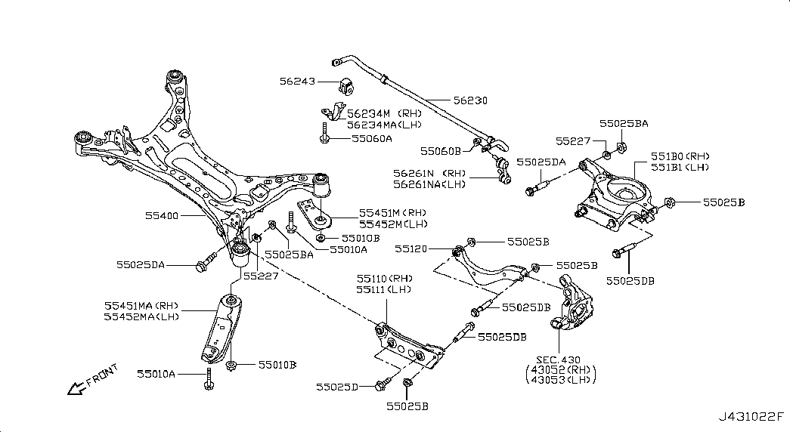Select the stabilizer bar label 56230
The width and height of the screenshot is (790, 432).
point(470,100)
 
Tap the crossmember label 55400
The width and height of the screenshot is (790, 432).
point(163,216)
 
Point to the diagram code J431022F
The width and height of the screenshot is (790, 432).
point(752,416)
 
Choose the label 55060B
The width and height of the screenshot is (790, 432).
point(439,152)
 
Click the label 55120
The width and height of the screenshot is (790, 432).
point(411,248)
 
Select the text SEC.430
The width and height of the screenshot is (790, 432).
point(559,359)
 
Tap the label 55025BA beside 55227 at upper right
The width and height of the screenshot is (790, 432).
point(624,122)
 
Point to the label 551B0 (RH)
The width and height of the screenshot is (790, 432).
point(671,156)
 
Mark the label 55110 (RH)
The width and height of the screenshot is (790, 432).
point(385,279)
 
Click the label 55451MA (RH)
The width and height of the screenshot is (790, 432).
point(141,305)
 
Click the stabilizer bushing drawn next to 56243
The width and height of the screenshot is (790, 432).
point(347,85)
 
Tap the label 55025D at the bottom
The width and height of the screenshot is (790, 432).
point(337,387)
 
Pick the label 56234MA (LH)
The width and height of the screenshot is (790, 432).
point(385,125)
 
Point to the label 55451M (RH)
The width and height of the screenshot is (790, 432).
point(393,213)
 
